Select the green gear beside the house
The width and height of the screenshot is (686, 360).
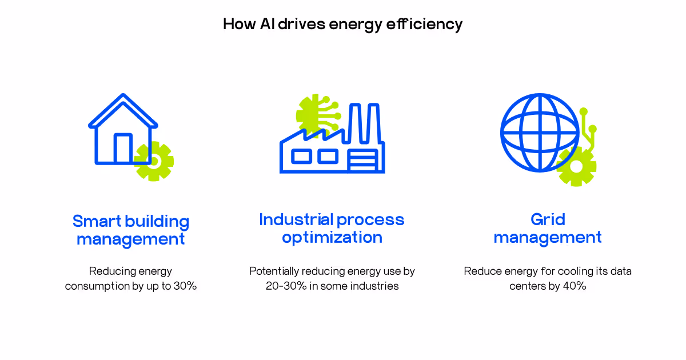coord(154,161)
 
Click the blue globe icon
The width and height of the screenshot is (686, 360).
coord(540,133)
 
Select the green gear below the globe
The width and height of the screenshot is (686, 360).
coord(576,166)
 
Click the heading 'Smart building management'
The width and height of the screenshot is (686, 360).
coord(131,230)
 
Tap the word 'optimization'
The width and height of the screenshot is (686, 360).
coord(332,237)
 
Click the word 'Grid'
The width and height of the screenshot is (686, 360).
coord(548,220)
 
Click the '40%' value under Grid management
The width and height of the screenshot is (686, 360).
coord(575,286)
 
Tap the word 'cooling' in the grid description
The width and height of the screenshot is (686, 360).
coord(563,271)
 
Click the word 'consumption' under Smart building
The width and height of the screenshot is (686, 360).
coord(97,286)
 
